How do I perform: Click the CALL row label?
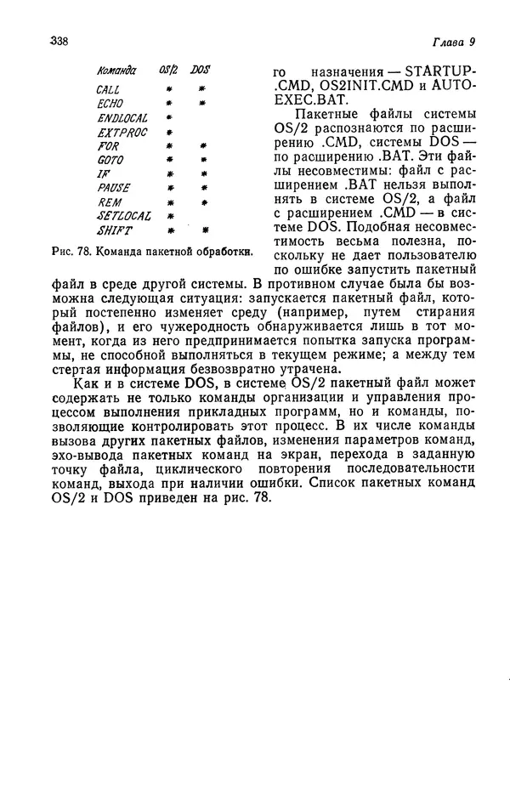(108, 89)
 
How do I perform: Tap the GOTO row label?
(110, 160)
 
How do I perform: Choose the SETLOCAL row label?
(124, 216)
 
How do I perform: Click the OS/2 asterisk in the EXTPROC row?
(170, 133)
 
